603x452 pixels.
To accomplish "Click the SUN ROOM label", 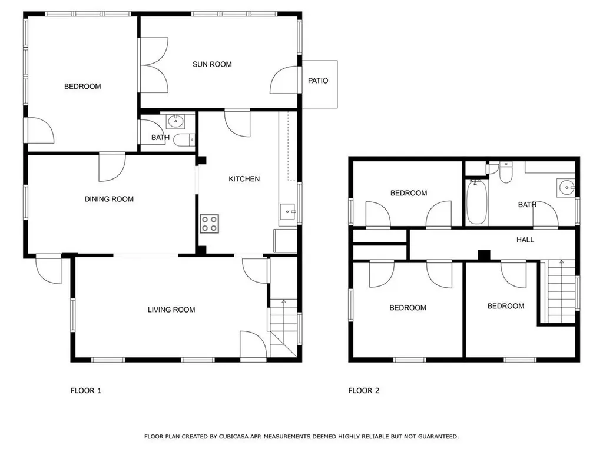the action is click(x=212, y=64).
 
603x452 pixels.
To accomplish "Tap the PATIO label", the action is click(x=318, y=81).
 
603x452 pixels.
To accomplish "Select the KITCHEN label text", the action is click(x=244, y=179).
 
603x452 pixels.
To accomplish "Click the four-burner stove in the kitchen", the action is click(x=209, y=224).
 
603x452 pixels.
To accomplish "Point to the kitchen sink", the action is click(x=287, y=212).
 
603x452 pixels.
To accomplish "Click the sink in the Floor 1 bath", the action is click(x=175, y=121).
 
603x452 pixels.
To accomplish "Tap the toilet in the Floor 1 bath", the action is click(x=184, y=140).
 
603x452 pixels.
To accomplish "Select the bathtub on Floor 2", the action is click(x=477, y=201).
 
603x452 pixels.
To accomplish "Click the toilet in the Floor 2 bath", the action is click(x=506, y=173).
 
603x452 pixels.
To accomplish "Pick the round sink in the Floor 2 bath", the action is click(x=566, y=188).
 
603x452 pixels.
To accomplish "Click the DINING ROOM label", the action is click(x=109, y=199).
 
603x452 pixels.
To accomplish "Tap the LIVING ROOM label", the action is click(x=171, y=310).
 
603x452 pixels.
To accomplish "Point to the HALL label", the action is click(x=525, y=240).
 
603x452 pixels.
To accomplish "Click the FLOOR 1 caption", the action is click(x=86, y=391).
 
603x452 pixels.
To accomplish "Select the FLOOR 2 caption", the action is click(x=364, y=391).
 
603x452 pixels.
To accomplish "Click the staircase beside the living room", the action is click(x=284, y=328).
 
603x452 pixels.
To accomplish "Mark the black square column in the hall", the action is click(x=484, y=255).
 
